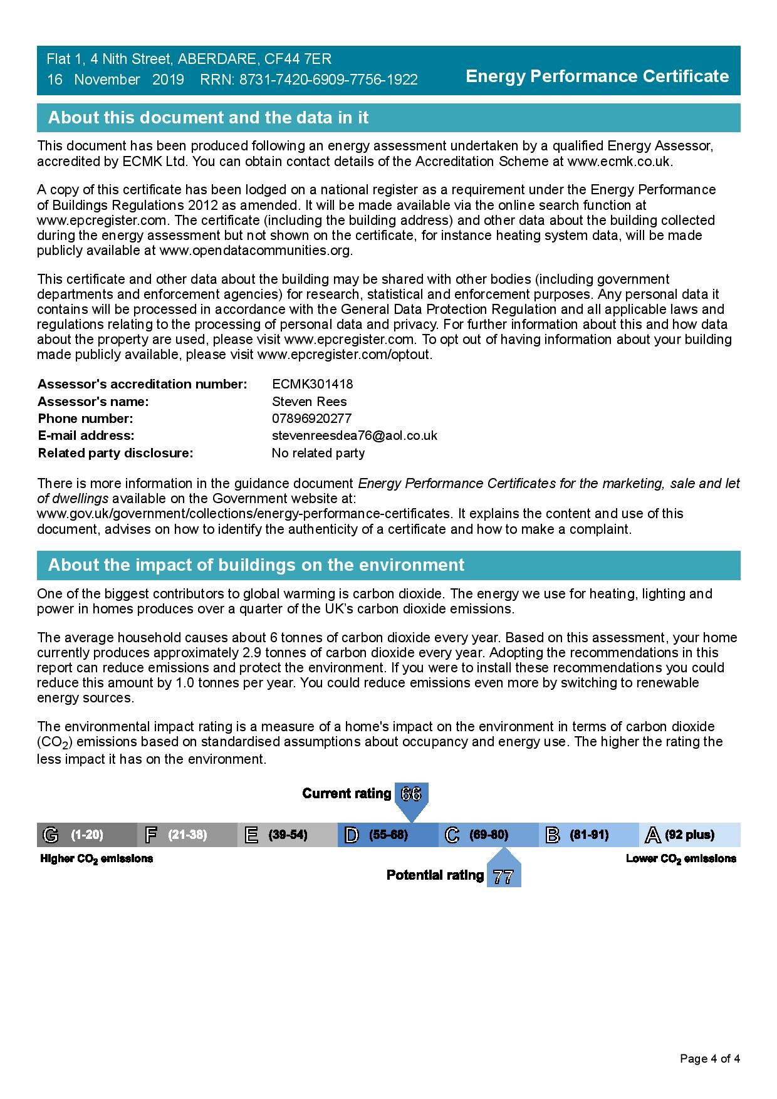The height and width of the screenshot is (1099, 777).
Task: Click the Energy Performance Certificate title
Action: click(597, 76)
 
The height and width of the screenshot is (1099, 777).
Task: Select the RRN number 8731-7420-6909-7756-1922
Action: click(328, 80)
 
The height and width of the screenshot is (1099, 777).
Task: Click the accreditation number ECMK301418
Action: click(312, 384)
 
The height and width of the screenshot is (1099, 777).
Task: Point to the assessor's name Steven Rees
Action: click(309, 402)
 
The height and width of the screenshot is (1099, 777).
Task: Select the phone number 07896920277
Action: click(311, 419)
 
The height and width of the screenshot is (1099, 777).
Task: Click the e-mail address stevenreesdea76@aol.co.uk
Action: click(354, 435)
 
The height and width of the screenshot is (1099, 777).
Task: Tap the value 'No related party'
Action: click(318, 453)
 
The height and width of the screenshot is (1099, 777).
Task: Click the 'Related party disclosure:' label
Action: click(115, 453)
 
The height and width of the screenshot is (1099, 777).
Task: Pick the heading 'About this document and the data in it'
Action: click(208, 118)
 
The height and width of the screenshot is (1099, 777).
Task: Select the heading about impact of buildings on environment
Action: click(256, 565)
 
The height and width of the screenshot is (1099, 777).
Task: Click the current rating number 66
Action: click(411, 794)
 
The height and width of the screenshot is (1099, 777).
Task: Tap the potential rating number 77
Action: click(503, 877)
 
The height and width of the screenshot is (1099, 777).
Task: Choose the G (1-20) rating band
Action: click(86, 835)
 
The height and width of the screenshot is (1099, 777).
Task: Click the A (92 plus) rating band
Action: click(689, 835)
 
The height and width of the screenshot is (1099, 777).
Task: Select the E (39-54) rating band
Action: click(287, 835)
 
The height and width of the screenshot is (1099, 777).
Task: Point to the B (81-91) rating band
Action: click(588, 835)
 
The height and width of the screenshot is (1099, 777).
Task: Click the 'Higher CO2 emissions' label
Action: click(96, 859)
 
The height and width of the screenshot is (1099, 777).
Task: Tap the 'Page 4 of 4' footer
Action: click(710, 1059)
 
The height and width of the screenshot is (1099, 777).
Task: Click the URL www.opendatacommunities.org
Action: click(255, 251)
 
